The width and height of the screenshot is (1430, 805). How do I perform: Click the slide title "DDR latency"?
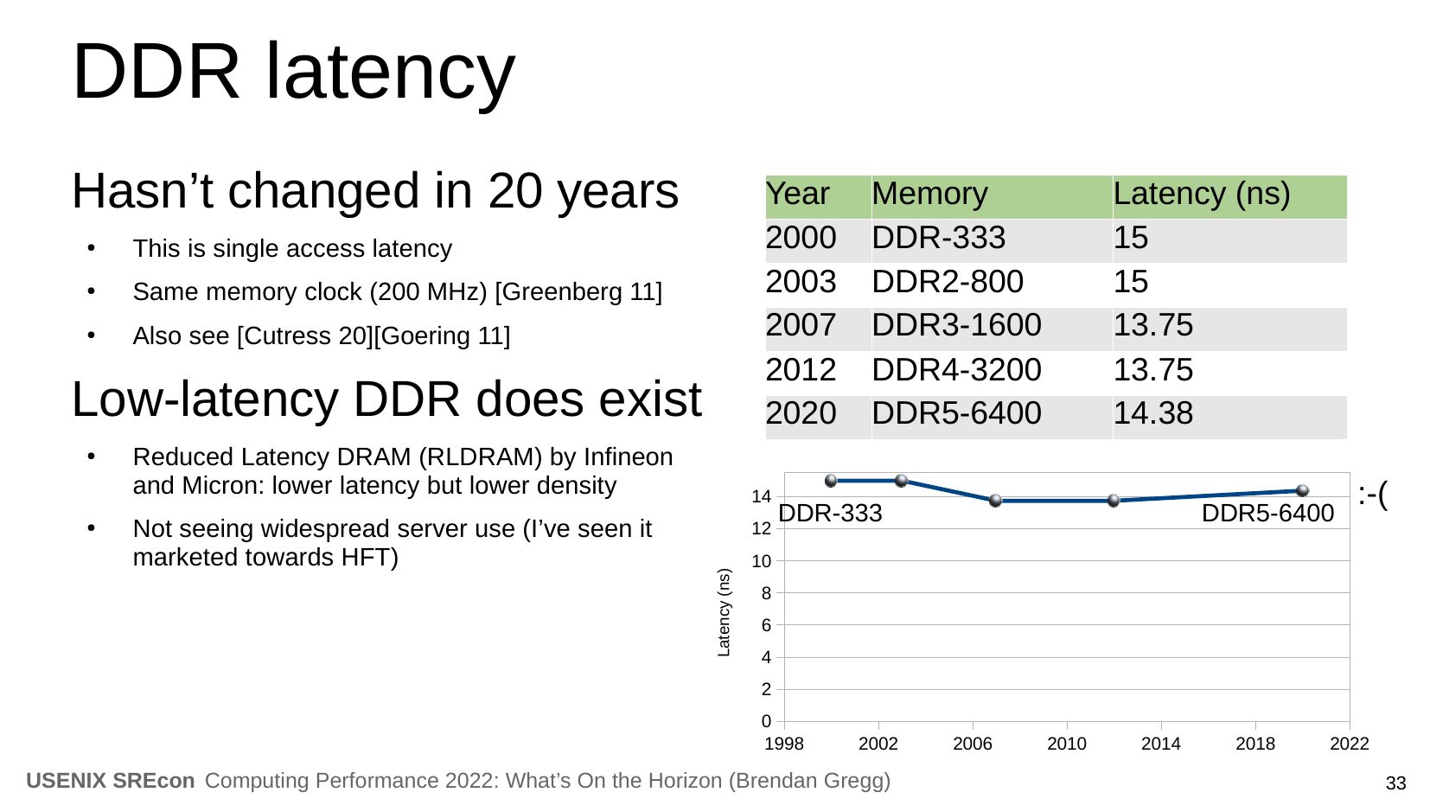[293, 71]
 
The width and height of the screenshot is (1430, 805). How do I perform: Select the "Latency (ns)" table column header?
[1201, 195]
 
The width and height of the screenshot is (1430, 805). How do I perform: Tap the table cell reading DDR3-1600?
[956, 326]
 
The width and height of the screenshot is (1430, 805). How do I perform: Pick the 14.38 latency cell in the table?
[1152, 414]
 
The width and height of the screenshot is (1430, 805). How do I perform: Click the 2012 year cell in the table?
[801, 370]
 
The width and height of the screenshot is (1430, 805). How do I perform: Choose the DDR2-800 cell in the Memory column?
[947, 282]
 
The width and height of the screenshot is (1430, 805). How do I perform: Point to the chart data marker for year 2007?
[995, 501]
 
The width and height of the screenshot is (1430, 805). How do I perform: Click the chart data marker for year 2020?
[1302, 490]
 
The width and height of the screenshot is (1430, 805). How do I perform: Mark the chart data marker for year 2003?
[901, 481]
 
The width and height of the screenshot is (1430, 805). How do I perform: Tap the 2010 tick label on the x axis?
[1066, 744]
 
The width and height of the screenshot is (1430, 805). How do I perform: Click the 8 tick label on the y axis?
[766, 594]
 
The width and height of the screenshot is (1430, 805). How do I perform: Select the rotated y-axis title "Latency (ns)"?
[725, 612]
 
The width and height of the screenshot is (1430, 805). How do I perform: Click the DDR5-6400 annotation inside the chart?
[1267, 514]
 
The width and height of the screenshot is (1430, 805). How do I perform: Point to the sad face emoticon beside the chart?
[1373, 495]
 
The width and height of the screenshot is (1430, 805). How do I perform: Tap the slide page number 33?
[1395, 784]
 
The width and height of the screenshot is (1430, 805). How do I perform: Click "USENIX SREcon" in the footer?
[111, 782]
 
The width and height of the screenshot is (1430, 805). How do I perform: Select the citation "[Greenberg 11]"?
[578, 292]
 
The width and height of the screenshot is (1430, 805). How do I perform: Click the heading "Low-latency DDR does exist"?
[386, 399]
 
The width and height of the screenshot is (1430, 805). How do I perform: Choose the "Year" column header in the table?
[797, 195]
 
